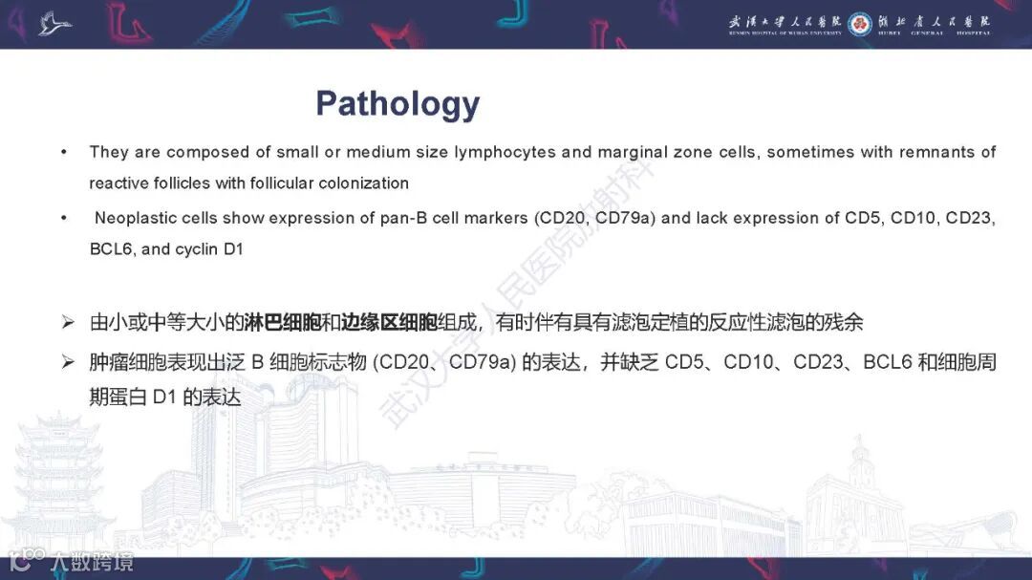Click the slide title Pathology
(x=398, y=103)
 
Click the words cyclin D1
(x=209, y=248)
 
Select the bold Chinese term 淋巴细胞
(x=282, y=322)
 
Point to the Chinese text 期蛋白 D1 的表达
(x=164, y=395)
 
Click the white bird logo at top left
(x=55, y=23)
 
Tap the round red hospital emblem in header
(x=859, y=23)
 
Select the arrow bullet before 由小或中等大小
(x=68, y=323)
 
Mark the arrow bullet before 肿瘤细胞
(x=68, y=363)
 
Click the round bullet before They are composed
(x=64, y=152)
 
